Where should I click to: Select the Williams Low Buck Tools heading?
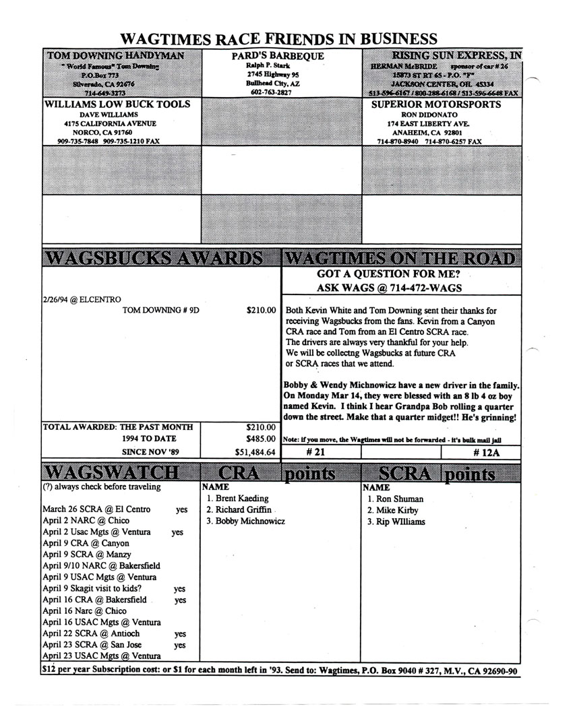pos(117,104)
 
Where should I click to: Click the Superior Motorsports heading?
pos(436,104)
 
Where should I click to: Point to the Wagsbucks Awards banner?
pos(152,259)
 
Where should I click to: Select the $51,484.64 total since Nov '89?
pos(255,452)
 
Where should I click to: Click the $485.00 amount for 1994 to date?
pos(260,439)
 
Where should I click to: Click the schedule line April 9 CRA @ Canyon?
pos(86,543)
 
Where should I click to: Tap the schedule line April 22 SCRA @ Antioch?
pos(91,633)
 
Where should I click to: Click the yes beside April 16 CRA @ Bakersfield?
pos(180,600)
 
